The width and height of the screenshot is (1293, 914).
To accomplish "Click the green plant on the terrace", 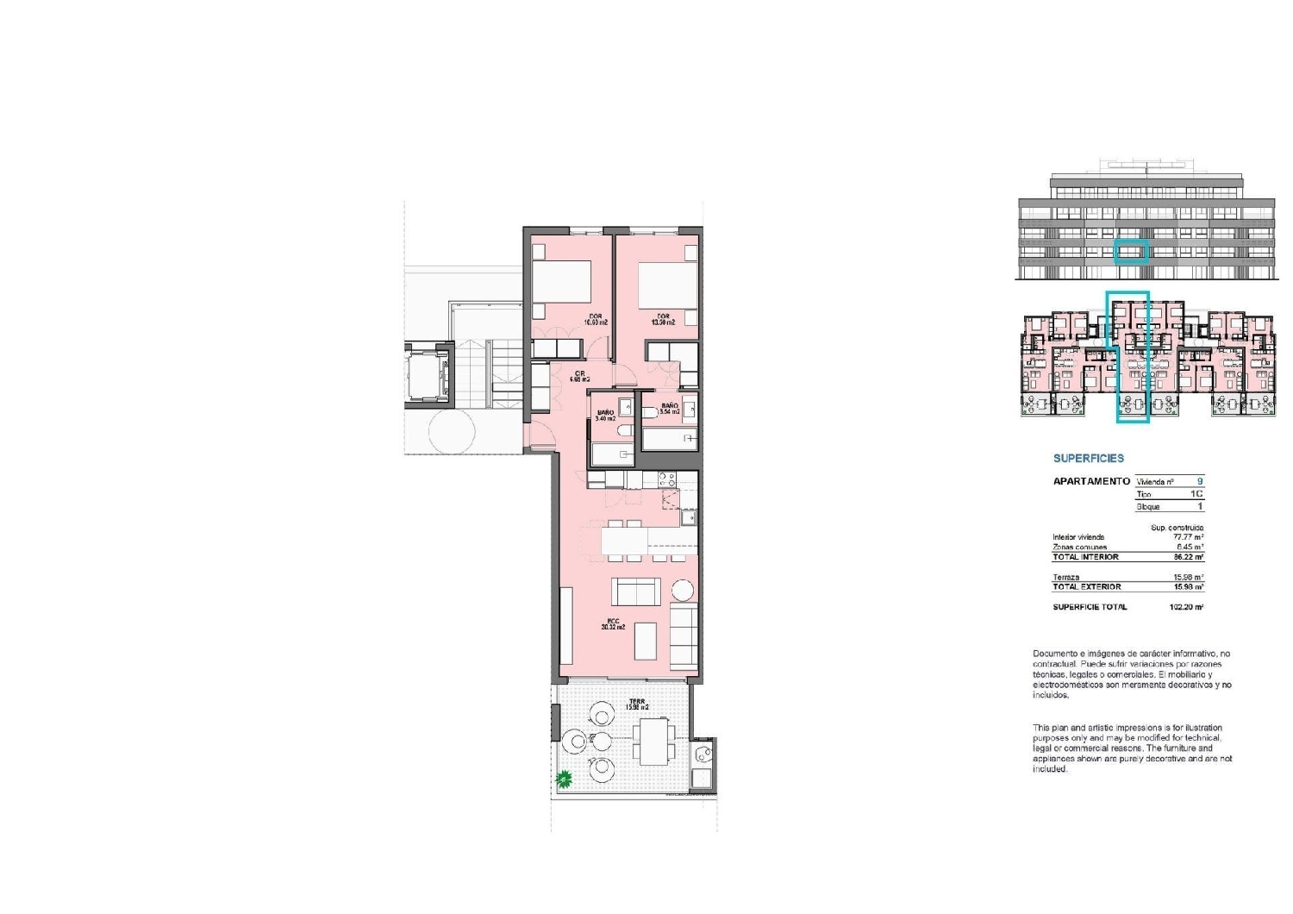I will [x=564, y=779].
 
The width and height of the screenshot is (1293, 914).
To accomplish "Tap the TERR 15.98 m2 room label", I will [x=637, y=704].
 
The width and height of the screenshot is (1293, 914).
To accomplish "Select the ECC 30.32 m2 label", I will [x=613, y=623].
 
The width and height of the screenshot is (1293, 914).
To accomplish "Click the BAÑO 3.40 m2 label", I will [x=605, y=416].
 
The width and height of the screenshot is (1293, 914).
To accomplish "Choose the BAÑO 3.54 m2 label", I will [x=670, y=409].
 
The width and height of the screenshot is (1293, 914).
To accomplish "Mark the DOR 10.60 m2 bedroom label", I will [x=596, y=319].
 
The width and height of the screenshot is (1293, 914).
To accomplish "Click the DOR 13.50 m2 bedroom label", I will [x=662, y=319].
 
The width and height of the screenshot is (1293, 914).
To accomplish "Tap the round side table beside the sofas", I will [x=682, y=591].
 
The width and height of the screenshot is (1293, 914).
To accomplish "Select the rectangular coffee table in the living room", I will [x=646, y=640].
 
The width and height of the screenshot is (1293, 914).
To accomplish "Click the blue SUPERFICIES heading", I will [x=1089, y=459].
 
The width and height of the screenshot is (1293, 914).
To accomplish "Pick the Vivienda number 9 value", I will [x=1199, y=481].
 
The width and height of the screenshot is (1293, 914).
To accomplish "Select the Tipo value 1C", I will [x=1196, y=494].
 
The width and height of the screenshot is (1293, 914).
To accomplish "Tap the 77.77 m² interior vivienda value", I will [x=1188, y=537].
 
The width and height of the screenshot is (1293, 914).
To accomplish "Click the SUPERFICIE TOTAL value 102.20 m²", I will [x=1186, y=607].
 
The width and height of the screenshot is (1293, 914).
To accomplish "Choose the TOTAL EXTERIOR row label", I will [x=1086, y=586].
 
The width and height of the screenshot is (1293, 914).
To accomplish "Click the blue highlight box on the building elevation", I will [x=1131, y=251].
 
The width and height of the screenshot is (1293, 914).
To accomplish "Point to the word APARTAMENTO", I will [x=1090, y=481].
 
